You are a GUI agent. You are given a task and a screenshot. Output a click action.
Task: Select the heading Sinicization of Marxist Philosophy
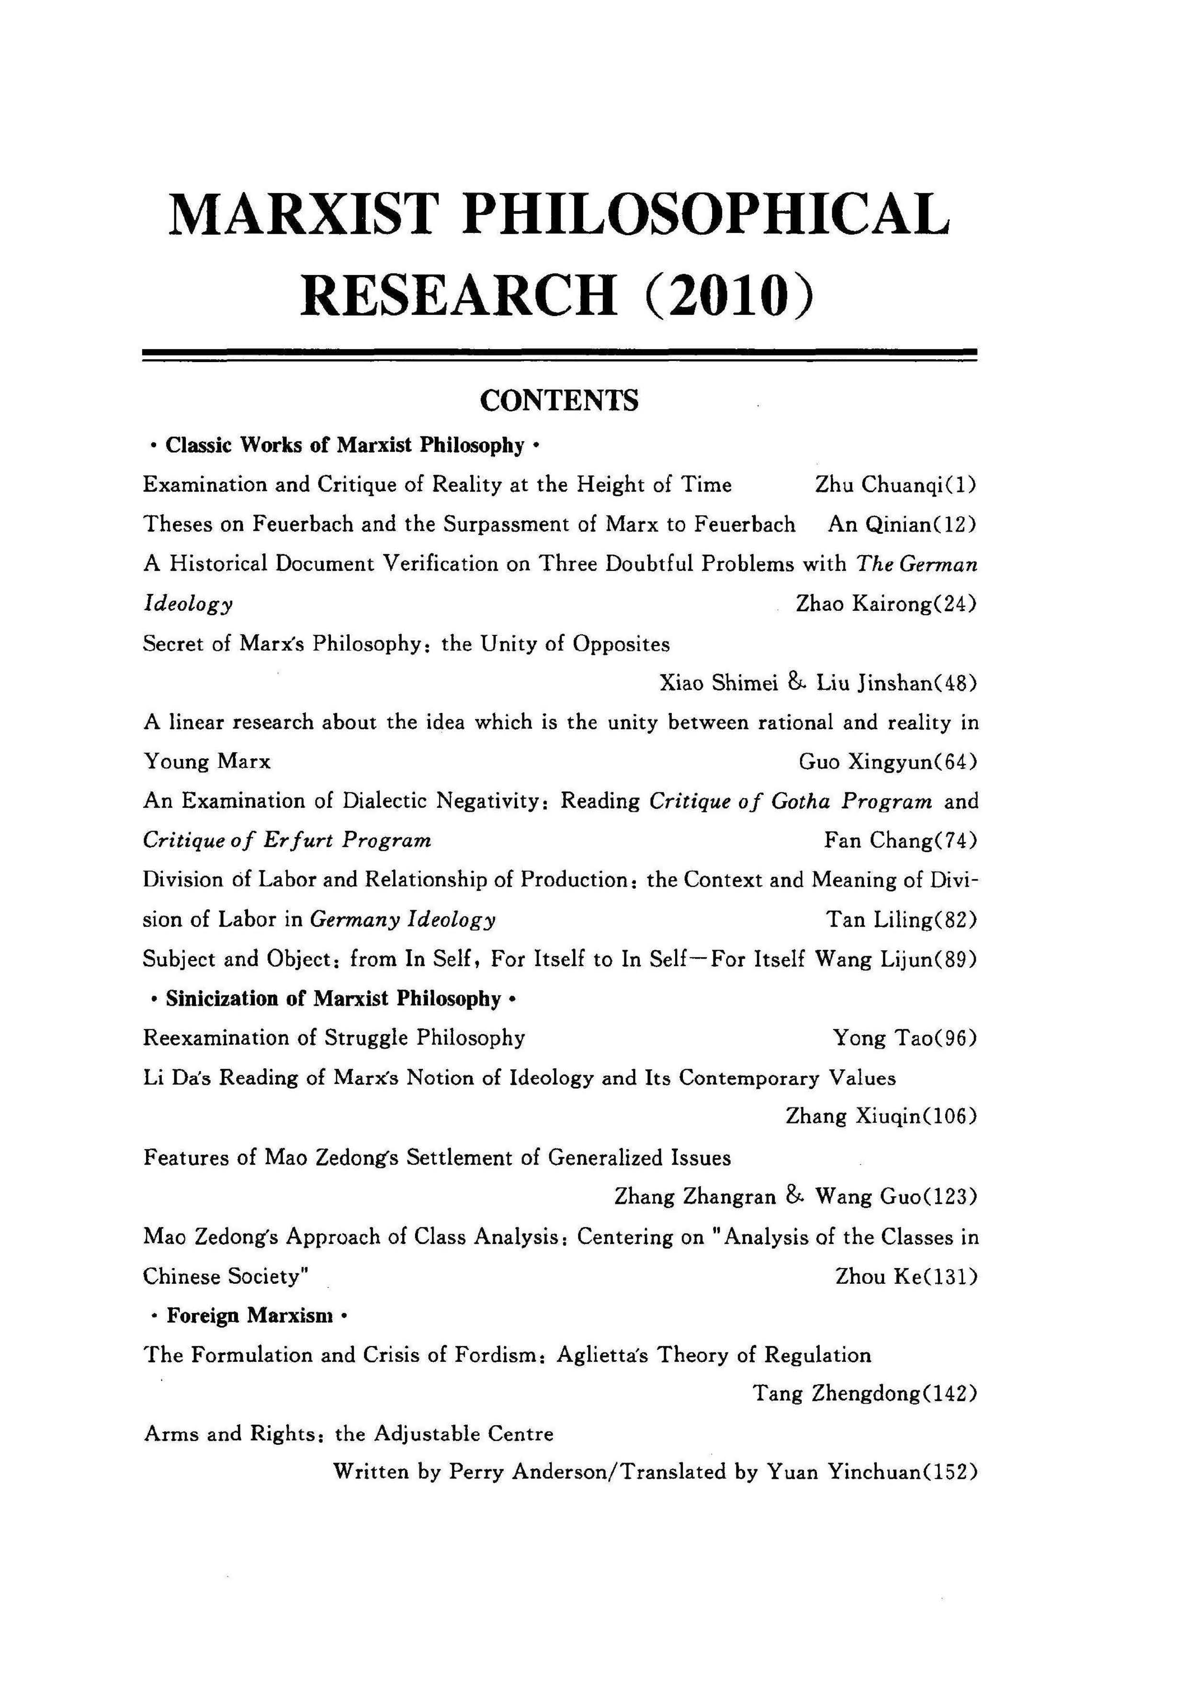[x=333, y=999]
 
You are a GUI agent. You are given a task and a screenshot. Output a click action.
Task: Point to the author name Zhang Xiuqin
[x=849, y=1117]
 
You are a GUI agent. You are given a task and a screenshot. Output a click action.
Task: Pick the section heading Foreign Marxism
[x=249, y=1315]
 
